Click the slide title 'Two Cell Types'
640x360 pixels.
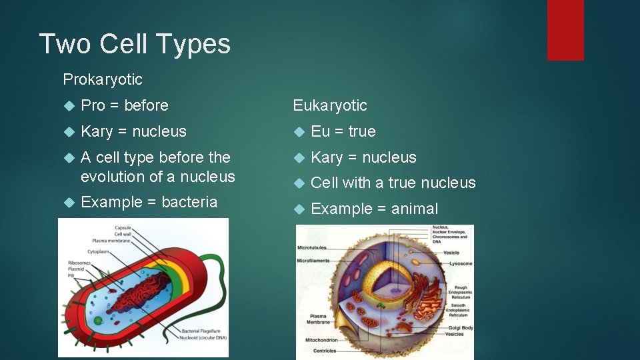[135, 44]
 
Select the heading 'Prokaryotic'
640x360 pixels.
[103, 79]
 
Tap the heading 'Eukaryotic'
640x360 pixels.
[330, 105]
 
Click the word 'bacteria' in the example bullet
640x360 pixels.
[189, 202]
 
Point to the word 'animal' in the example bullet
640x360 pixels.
[415, 209]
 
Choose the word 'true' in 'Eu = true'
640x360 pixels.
[362, 131]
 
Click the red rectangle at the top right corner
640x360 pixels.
[565, 30]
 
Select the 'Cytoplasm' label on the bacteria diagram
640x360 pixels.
[97, 252]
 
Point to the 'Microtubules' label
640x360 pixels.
[312, 247]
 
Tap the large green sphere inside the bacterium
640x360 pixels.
[98, 321]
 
